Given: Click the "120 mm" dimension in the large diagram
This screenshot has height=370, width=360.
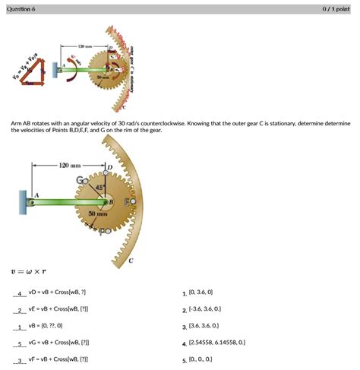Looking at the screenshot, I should pos(69,163).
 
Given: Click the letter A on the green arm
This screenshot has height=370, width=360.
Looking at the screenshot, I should pos(34,194).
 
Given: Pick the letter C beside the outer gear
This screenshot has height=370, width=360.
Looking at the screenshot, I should pos(131,261).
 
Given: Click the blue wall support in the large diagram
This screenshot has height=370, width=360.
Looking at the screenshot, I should pos(24,203).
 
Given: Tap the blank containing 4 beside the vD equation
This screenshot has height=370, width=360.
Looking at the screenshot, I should pos(20,293).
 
